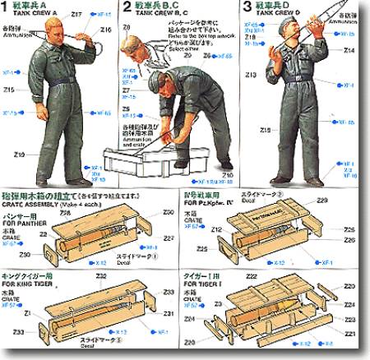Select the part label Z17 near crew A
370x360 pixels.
(x=77, y=15)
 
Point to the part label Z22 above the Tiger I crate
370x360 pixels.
(x=252, y=277)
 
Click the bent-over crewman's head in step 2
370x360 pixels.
(x=155, y=82)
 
